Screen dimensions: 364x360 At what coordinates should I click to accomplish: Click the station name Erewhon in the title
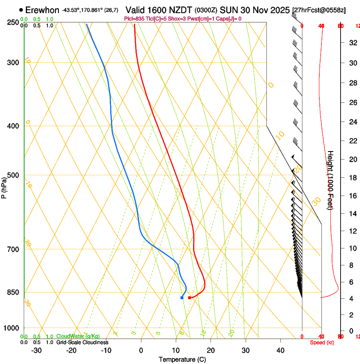tap(42, 10)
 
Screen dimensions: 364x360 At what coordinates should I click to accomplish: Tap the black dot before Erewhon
tap(21, 10)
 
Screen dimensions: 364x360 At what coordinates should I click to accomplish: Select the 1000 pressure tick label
tap(12, 328)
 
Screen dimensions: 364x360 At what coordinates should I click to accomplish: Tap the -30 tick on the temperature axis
tap(36, 350)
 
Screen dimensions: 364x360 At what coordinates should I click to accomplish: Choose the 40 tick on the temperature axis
tap(280, 350)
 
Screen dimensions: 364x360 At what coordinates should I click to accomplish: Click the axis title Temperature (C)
tap(182, 359)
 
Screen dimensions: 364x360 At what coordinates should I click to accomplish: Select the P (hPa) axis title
tap(4, 187)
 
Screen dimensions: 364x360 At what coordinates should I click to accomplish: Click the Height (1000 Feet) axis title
tap(331, 180)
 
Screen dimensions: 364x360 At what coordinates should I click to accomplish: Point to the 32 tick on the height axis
tap(352, 42)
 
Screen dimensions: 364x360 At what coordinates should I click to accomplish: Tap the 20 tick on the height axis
tap(352, 159)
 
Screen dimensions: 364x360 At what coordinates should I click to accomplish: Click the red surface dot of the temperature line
tap(189, 298)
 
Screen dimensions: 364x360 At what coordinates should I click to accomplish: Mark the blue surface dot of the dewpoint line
tap(182, 298)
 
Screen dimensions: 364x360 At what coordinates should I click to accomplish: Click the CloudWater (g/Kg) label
tap(78, 336)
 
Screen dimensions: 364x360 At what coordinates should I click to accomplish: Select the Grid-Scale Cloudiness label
tap(82, 342)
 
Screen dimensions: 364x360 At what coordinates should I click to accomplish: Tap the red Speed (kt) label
tap(322, 342)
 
